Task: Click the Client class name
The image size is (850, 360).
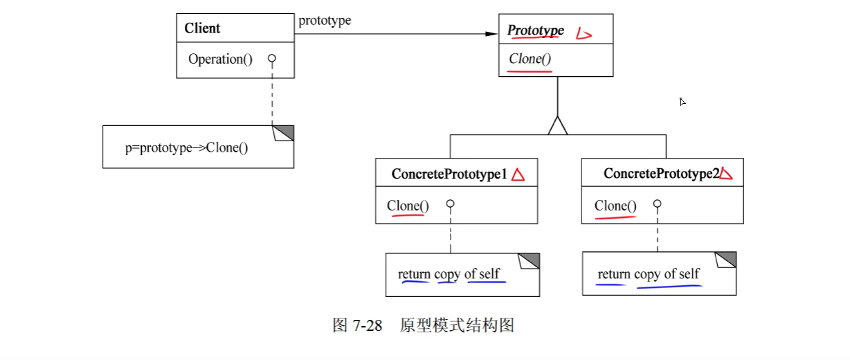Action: coord(202,28)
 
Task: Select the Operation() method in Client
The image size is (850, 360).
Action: coord(220,60)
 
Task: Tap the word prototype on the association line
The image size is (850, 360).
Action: coord(325,20)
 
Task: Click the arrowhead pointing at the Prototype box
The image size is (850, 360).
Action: coord(491,33)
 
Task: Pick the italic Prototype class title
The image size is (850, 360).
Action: coord(536,30)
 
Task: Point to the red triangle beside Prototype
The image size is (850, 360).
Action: coord(584,32)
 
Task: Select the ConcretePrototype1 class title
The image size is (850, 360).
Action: coord(449,174)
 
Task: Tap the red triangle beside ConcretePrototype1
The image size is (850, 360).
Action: coord(518,175)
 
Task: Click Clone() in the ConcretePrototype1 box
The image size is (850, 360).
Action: coord(408,206)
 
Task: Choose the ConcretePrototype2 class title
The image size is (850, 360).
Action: coord(661,174)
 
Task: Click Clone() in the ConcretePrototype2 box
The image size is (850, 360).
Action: coord(615,206)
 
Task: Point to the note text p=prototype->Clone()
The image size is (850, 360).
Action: coord(187,147)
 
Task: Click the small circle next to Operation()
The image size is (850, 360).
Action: coord(272,59)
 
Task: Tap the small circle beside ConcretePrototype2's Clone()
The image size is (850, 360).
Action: coord(658,204)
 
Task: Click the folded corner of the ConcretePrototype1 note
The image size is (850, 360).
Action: coord(530,262)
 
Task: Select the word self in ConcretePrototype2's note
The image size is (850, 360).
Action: coord(689,274)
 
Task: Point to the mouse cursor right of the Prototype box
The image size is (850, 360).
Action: coord(682,102)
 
